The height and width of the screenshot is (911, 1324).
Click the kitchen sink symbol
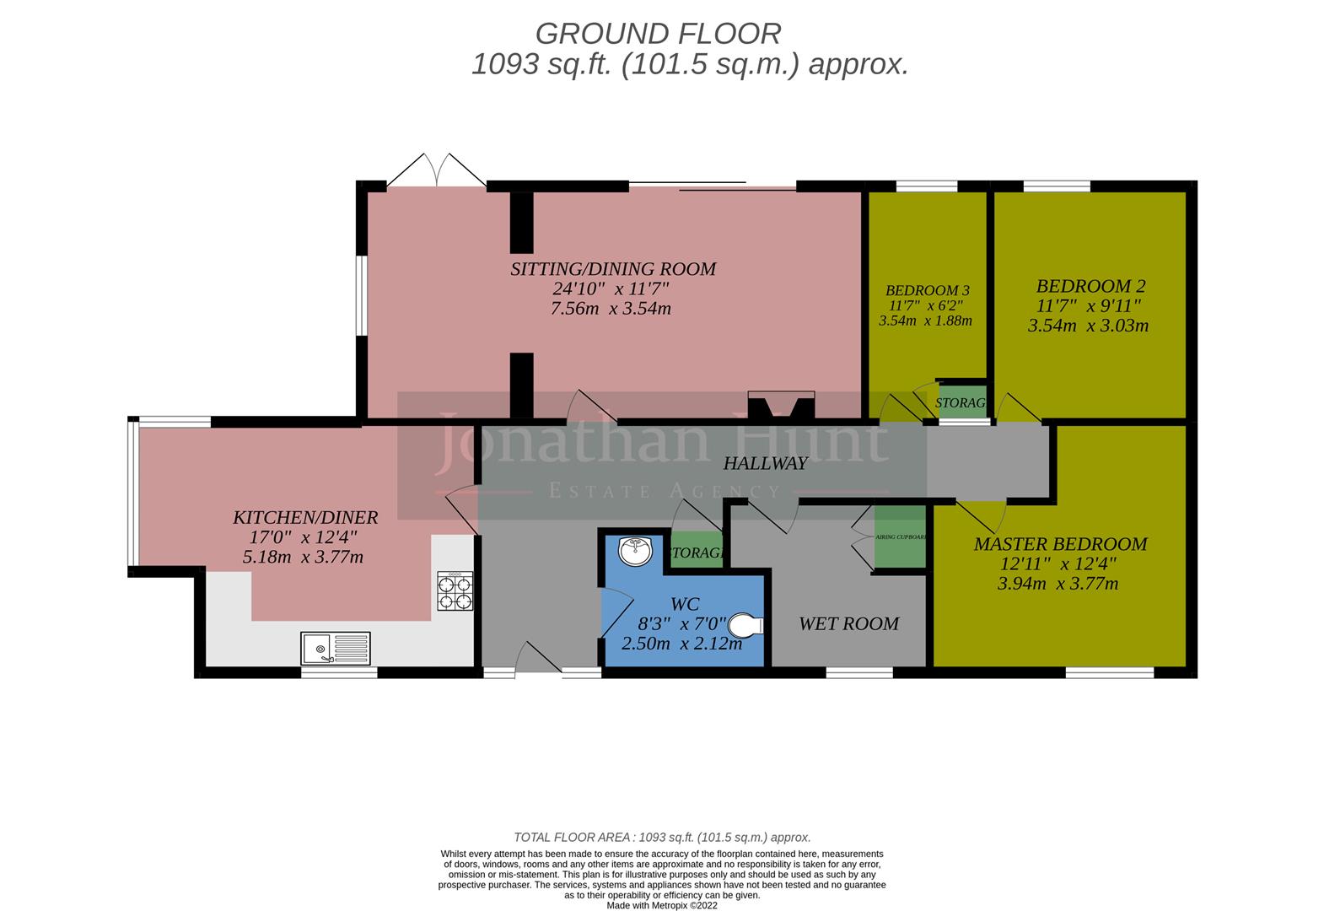pyautogui.click(x=335, y=649)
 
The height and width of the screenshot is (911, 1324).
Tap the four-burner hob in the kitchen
pyautogui.click(x=455, y=590)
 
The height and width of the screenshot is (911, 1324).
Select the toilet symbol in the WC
pyautogui.click(x=745, y=625)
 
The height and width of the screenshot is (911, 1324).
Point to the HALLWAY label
pyautogui.click(x=765, y=463)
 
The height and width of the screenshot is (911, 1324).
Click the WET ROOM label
pyautogui.click(x=848, y=623)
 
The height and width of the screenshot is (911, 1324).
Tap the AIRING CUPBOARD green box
pyautogui.click(x=900, y=537)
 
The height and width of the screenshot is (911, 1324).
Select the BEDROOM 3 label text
pyautogui.click(x=923, y=290)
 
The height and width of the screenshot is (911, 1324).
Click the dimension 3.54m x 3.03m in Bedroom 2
pyautogui.click(x=1088, y=326)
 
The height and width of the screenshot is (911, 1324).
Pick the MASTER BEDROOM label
pyautogui.click(x=1060, y=544)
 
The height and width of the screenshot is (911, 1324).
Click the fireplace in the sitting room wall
pyautogui.click(x=781, y=406)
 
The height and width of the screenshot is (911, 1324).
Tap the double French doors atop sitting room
pyautogui.click(x=436, y=171)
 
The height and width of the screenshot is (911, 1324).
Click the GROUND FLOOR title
pyautogui.click(x=658, y=34)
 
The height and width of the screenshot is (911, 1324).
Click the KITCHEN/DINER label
pyautogui.click(x=305, y=517)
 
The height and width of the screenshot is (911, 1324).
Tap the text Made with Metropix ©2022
pyautogui.click(x=662, y=905)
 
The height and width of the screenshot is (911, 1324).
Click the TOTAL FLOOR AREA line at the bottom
pyautogui.click(x=662, y=837)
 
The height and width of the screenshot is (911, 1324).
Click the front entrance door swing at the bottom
pyautogui.click(x=539, y=658)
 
